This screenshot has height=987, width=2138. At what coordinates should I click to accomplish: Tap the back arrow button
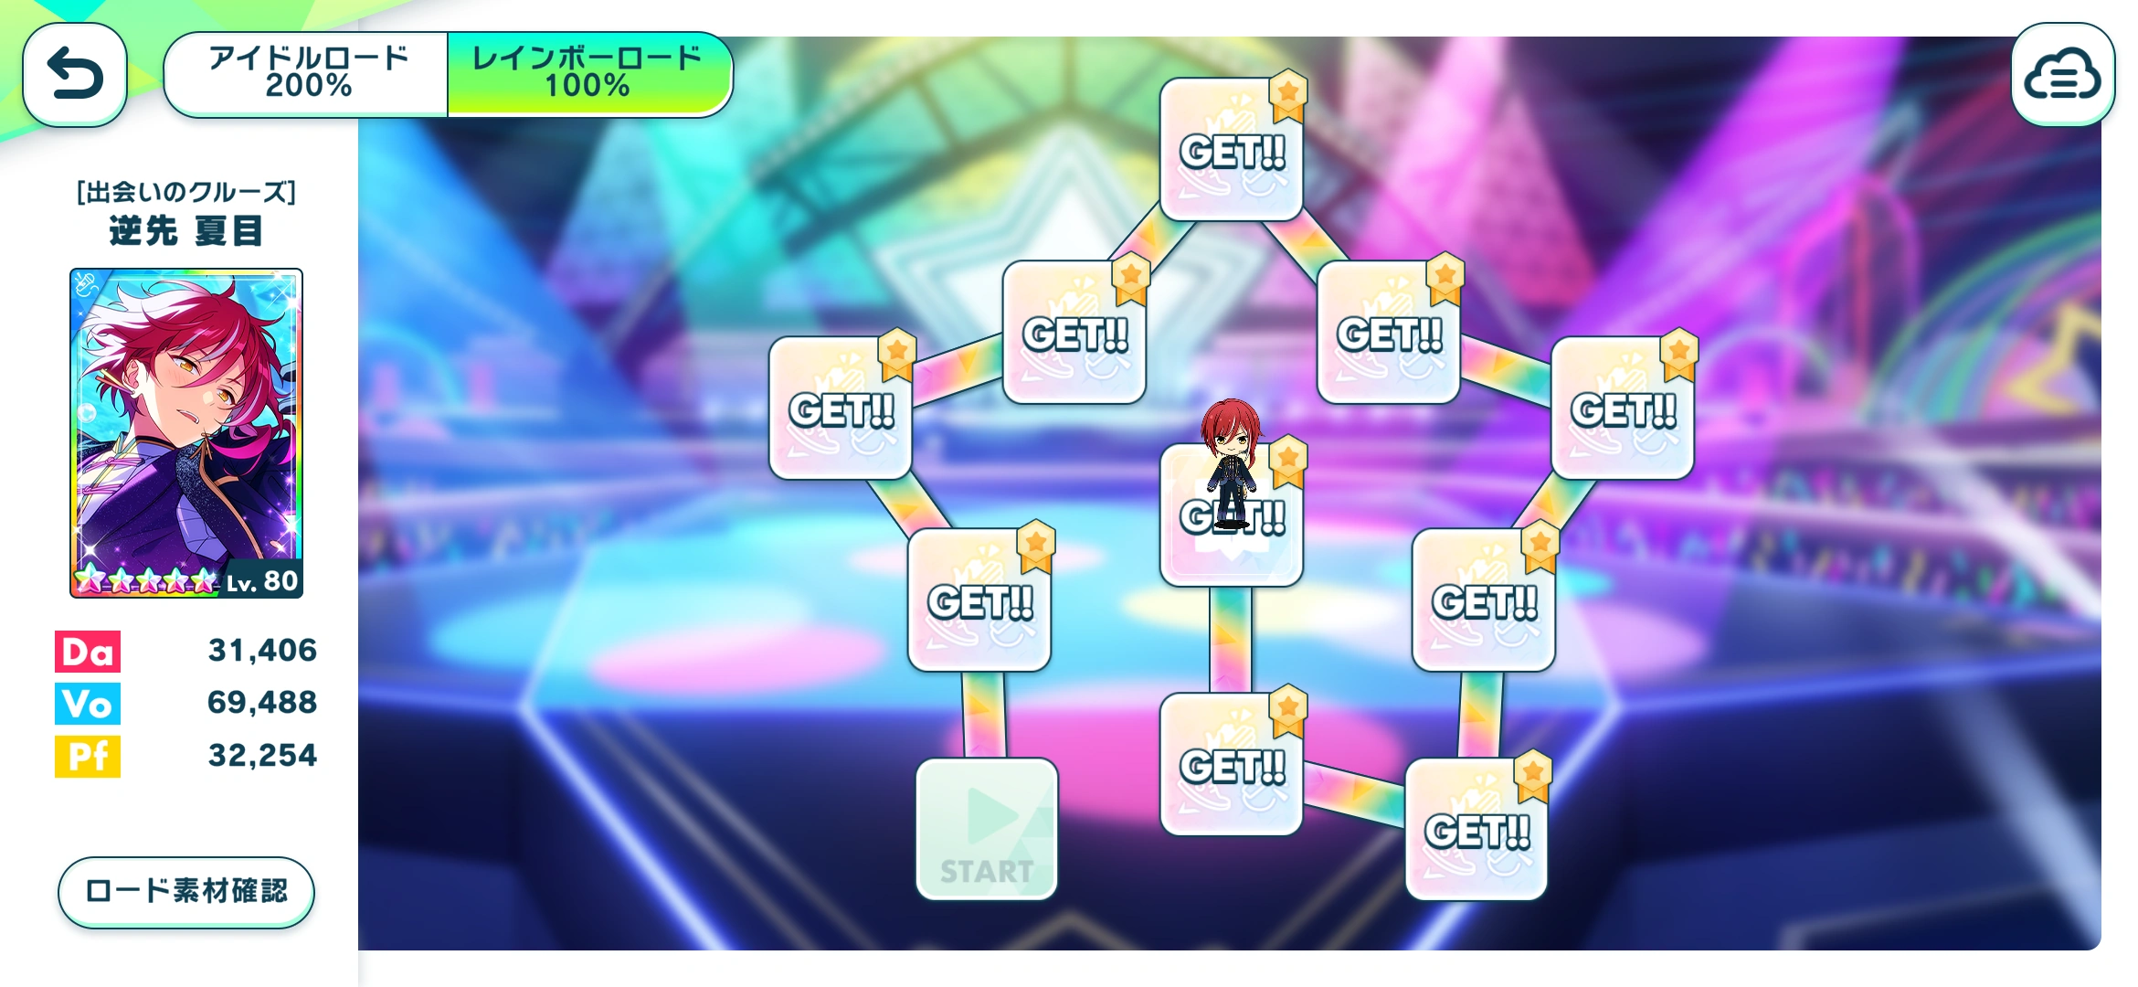75,74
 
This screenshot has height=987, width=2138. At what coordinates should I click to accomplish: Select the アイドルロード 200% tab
307,72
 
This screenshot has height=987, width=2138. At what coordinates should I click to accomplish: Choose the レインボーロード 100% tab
588,72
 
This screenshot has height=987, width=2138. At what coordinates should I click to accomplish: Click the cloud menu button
2062,75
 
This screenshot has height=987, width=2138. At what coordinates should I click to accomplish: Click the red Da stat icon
88,652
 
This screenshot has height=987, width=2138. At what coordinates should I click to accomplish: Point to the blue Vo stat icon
88,704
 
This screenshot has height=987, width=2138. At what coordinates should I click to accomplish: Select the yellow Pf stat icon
88,756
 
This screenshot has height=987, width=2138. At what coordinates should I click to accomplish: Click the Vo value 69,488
262,702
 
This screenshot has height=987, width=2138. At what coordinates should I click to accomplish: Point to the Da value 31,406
262,650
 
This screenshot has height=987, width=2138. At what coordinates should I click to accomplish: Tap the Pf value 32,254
262,755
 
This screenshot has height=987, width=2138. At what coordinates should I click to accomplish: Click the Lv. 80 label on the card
263,581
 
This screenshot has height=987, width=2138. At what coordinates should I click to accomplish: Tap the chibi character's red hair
1230,420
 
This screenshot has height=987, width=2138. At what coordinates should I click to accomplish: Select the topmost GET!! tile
1231,151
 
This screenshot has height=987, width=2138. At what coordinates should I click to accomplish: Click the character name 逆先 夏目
186,231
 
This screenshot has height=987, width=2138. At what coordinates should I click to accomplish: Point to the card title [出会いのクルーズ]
186,192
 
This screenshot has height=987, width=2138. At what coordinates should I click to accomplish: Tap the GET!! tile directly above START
979,601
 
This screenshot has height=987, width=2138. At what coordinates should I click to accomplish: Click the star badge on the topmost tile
1288,91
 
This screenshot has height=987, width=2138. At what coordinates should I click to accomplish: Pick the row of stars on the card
146,580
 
